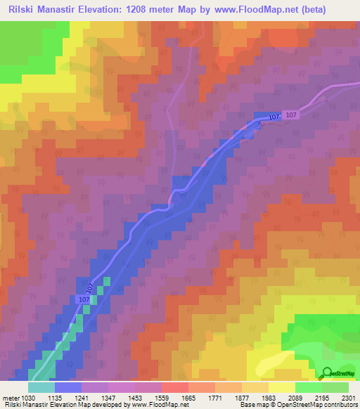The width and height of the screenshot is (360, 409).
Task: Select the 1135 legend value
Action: click(69, 396)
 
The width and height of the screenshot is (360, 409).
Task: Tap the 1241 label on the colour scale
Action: click(95, 396)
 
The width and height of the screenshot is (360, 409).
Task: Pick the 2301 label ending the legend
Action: click(349, 396)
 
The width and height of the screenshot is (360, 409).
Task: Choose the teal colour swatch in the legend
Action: click(41, 387)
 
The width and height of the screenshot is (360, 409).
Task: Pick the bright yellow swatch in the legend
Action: click(282, 387)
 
